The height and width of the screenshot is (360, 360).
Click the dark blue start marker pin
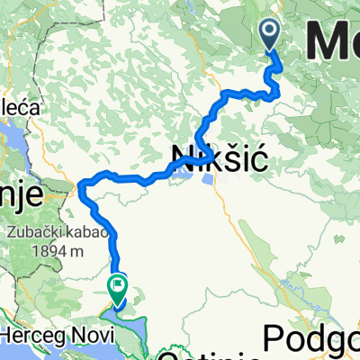pos(270,34)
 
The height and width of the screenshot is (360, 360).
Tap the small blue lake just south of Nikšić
pos(209,180)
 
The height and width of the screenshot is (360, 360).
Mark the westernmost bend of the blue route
pos(81,186)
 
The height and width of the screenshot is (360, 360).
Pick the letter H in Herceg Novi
pos(9,334)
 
